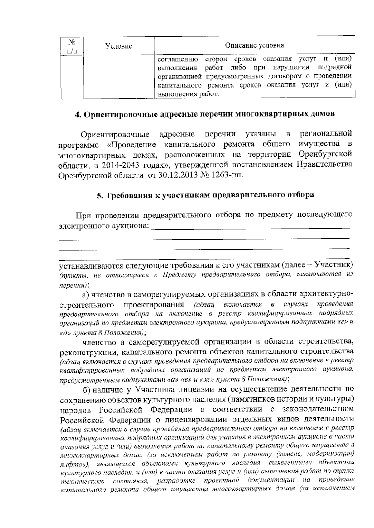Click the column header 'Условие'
pyautogui.click(x=118, y=46)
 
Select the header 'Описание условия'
pyautogui.click(x=254, y=45)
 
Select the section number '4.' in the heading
pyautogui.click(x=78, y=114)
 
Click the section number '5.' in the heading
pyautogui.click(x=99, y=195)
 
